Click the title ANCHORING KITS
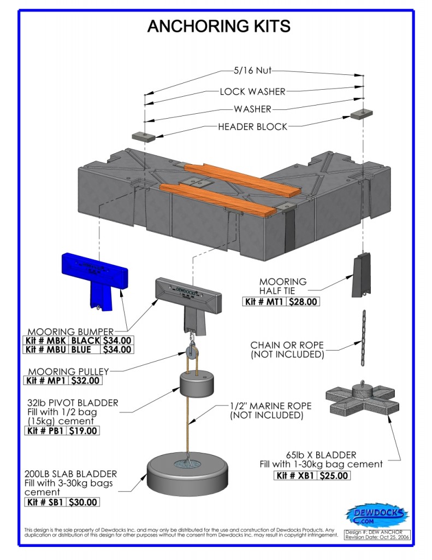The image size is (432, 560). point(218,26)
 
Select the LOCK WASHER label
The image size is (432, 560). point(251,91)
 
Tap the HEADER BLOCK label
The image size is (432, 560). point(252,126)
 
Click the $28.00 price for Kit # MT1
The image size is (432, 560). point(304,301)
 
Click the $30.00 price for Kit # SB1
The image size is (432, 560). point(84,502)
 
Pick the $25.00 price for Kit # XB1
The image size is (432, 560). point(333,475)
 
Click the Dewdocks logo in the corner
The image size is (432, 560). point(377,515)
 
